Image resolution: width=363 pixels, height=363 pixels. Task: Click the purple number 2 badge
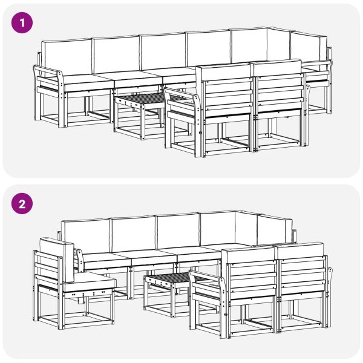coord(23,203)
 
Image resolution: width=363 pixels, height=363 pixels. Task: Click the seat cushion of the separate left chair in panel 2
coord(94,280)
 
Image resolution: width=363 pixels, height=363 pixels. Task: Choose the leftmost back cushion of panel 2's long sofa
coord(86,236)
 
